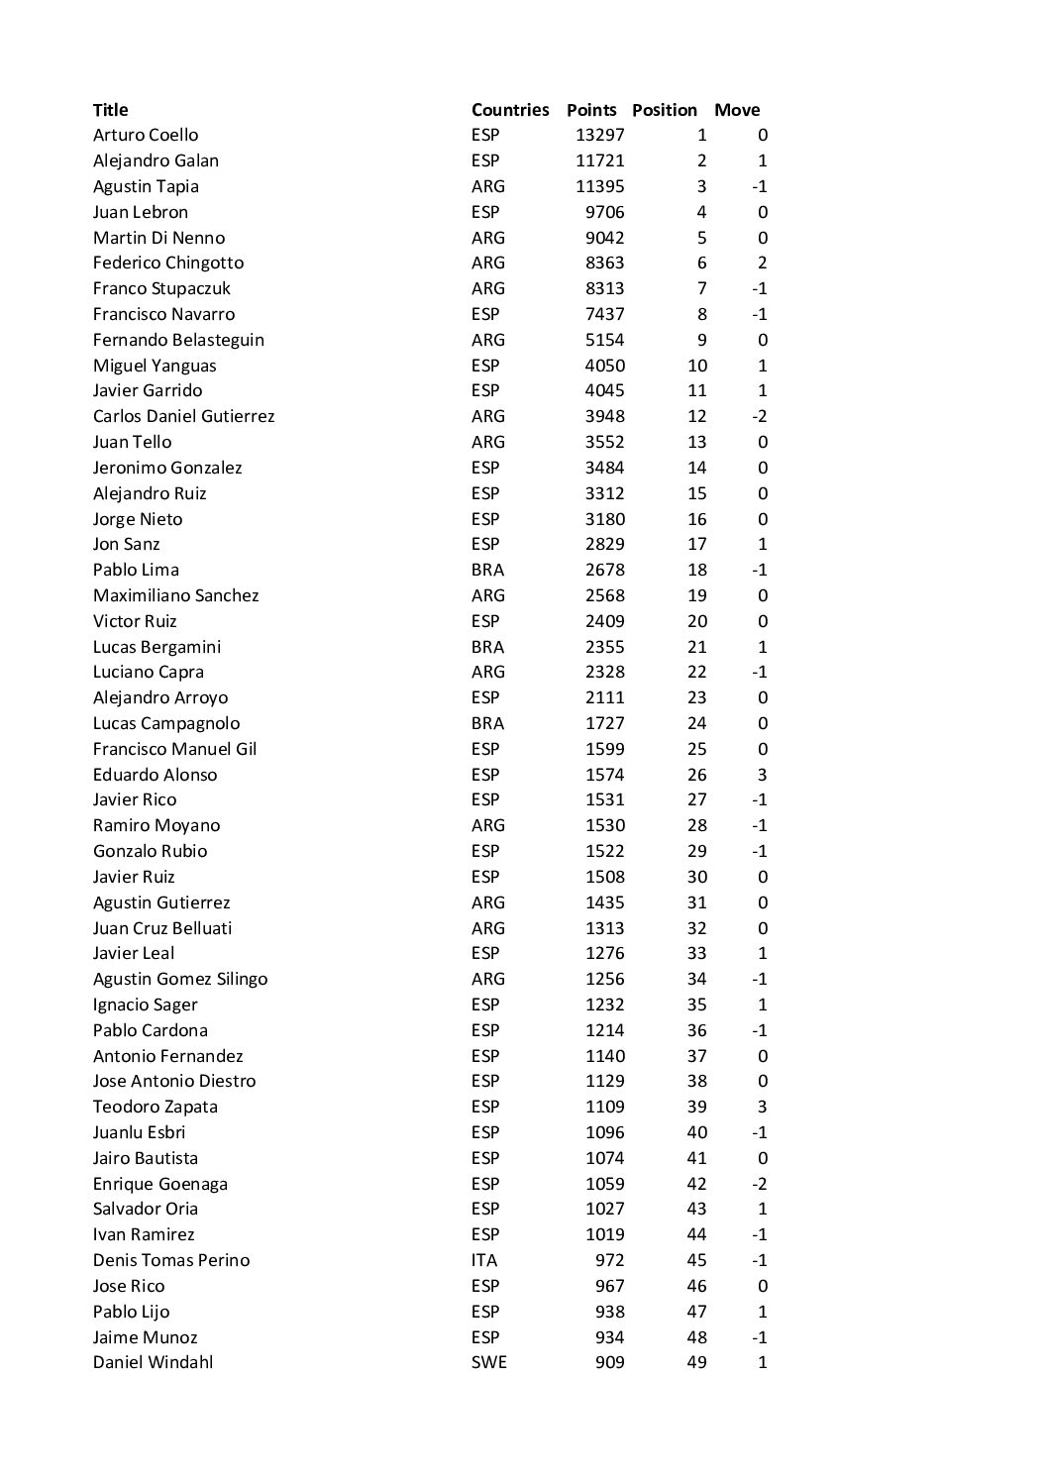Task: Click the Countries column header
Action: (509, 110)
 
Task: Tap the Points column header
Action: (591, 110)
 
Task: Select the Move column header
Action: (737, 110)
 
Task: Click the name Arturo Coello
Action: (146, 135)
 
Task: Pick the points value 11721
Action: (600, 160)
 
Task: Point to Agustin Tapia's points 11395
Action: (600, 186)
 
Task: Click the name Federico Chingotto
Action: (168, 263)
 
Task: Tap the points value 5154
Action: (605, 340)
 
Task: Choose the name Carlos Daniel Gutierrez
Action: (183, 416)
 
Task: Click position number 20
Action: (697, 621)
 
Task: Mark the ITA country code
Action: (484, 1260)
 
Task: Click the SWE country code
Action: (488, 1362)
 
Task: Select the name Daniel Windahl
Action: (154, 1362)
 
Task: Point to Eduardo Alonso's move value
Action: (762, 775)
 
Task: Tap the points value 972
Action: (610, 1260)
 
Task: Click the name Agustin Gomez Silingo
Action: (180, 979)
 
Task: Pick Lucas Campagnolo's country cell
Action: (487, 723)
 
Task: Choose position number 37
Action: (697, 1056)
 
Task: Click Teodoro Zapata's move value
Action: (762, 1107)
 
